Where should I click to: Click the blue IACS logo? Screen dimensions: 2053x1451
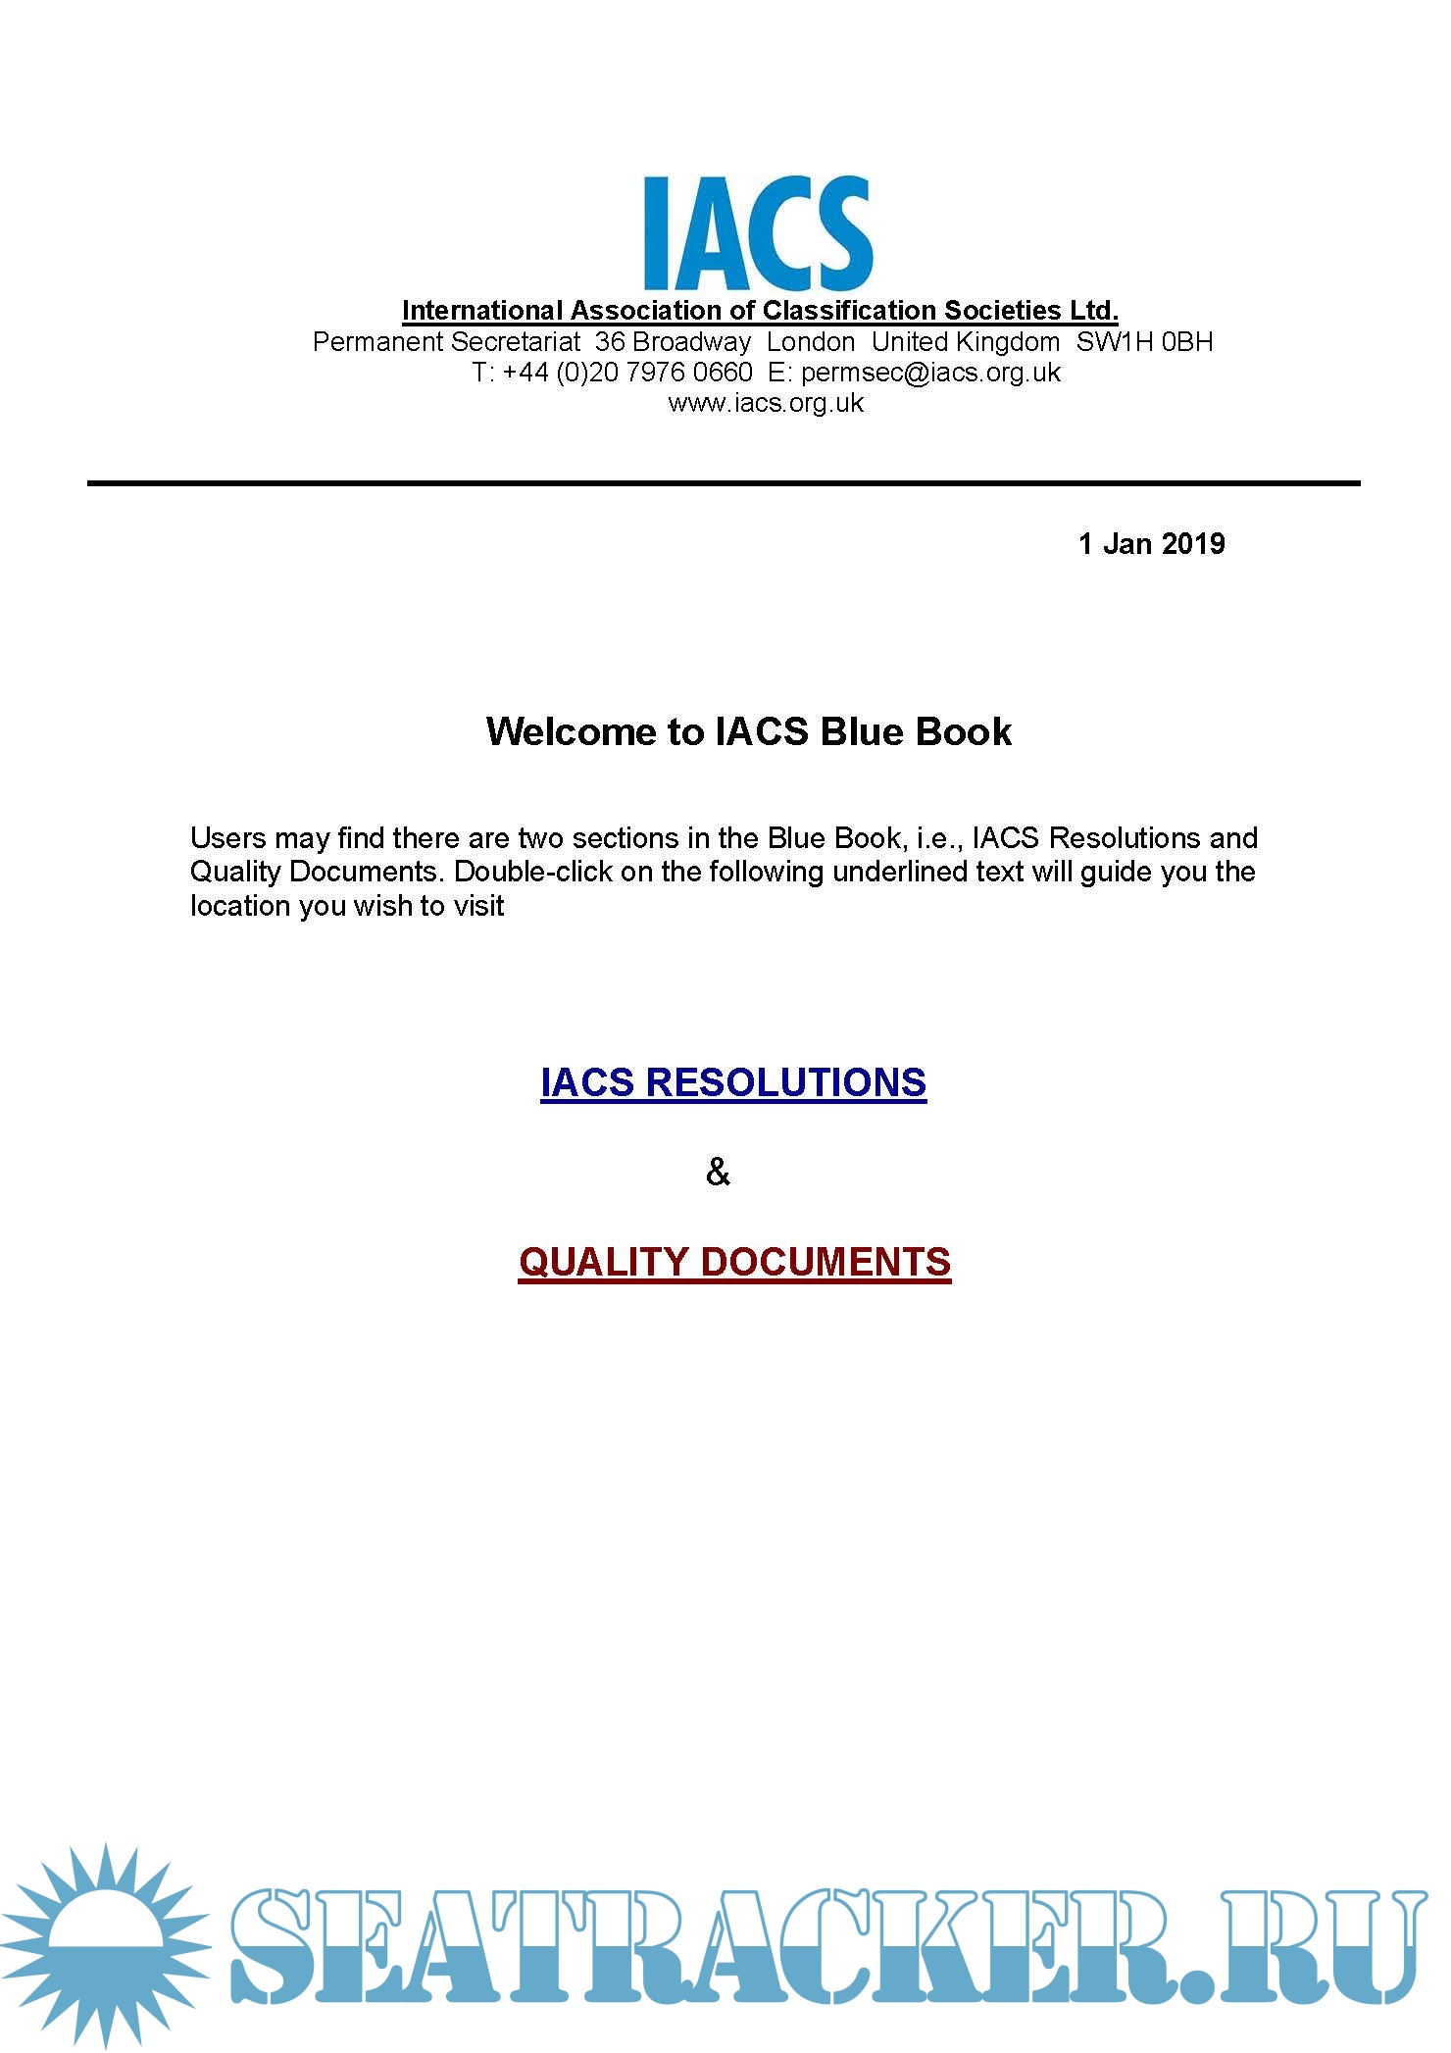[x=757, y=232]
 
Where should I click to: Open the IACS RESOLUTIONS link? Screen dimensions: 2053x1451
[x=732, y=1082]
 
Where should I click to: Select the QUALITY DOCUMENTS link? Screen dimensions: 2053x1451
[x=734, y=1262]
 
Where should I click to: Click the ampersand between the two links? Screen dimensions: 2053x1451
[x=718, y=1172]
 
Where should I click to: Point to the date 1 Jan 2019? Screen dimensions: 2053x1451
[x=1151, y=544]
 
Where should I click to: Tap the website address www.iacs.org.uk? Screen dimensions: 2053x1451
[x=766, y=403]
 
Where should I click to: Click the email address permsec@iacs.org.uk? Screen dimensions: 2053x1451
[x=930, y=373]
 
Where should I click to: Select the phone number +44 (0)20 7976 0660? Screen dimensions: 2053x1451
[x=627, y=373]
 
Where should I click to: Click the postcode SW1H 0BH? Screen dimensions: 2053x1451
[x=1144, y=342]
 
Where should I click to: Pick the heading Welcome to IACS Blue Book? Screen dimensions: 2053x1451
[x=748, y=731]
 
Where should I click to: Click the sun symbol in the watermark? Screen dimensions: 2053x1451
[x=103, y=1946]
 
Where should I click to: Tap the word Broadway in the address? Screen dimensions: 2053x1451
[x=691, y=342]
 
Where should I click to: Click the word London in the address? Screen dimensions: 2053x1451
[x=811, y=342]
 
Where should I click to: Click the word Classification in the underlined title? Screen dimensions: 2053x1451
[x=849, y=311]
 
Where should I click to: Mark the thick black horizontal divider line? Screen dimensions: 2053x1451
[x=724, y=483]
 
